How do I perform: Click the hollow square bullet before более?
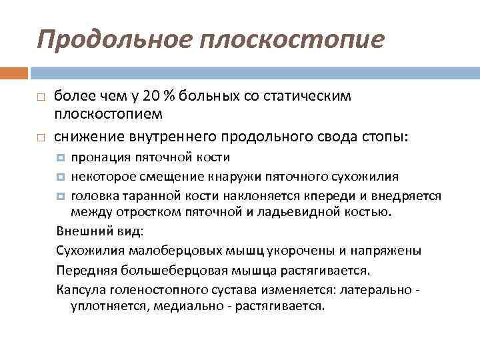[x=41, y=97]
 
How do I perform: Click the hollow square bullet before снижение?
[x=41, y=137]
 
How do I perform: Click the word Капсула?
[x=79, y=289]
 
